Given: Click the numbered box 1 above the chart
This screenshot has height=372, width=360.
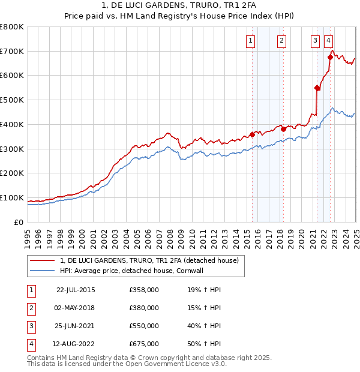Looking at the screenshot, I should [x=250, y=41].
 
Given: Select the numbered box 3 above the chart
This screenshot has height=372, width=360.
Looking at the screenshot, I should [x=315, y=41].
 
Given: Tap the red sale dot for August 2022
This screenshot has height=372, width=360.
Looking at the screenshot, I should [x=330, y=57].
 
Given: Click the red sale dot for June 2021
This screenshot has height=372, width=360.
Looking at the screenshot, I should [x=317, y=88].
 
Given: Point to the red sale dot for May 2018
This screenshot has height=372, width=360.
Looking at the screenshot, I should [x=283, y=129].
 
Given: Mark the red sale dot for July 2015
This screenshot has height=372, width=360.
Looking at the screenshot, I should [x=253, y=134].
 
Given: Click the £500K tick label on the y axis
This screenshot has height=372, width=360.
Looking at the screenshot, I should [x=11, y=100].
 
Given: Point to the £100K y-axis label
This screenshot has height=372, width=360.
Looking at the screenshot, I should [x=11, y=198].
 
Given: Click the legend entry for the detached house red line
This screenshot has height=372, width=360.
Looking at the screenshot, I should [x=149, y=260].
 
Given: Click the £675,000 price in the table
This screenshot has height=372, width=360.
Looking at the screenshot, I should [x=144, y=344].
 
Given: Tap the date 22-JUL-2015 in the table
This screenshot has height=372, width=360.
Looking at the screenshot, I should [x=76, y=290].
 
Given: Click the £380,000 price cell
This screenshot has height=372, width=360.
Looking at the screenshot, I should [x=144, y=308].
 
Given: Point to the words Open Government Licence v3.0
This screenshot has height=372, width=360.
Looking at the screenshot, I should [x=178, y=364].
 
